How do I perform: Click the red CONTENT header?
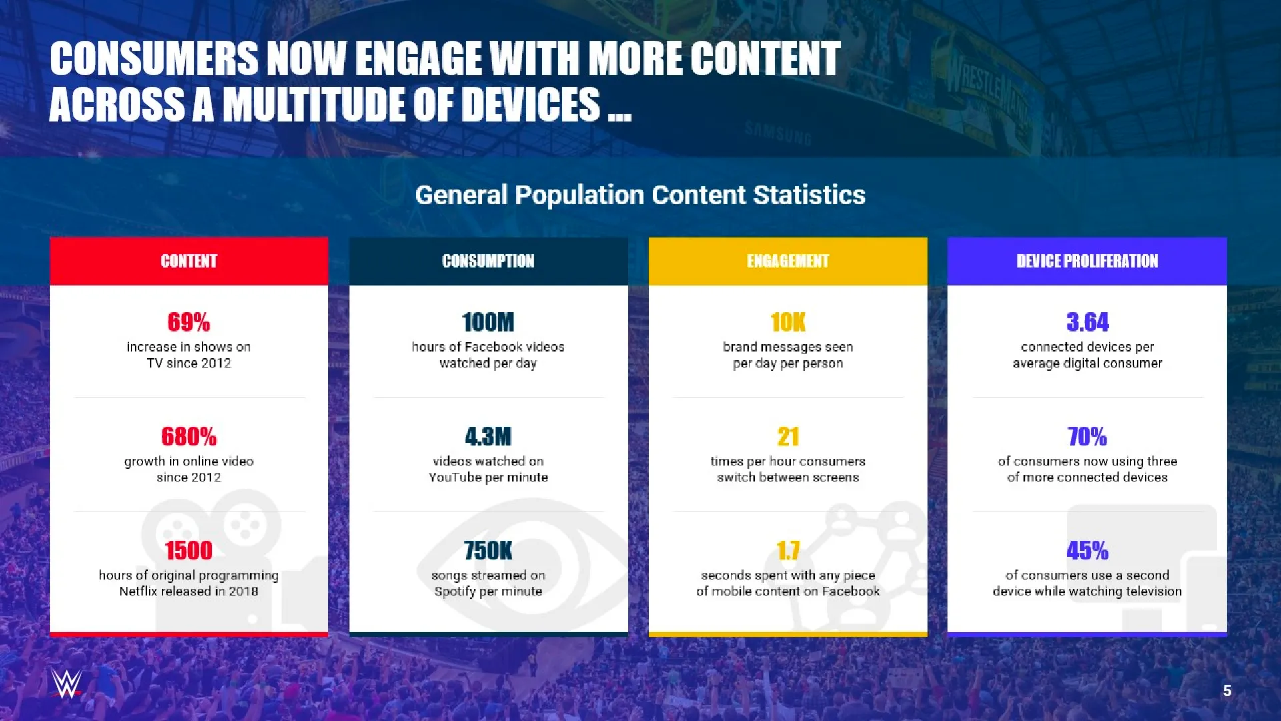(189, 261)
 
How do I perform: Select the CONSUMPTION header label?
(488, 261)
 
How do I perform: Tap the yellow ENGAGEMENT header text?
(788, 261)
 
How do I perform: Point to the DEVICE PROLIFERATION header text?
(1088, 261)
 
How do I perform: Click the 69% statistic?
(189, 322)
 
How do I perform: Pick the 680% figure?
(189, 437)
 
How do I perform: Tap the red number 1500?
(189, 551)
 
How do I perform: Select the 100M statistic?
(488, 322)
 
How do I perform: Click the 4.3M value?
(488, 437)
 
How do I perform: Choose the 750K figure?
(488, 551)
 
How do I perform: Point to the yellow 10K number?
(788, 322)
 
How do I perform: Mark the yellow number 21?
(788, 437)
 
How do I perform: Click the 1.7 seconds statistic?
(788, 551)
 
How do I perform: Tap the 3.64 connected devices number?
(1088, 322)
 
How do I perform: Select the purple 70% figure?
(1088, 437)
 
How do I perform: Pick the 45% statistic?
(1088, 551)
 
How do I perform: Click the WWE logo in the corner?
(67, 684)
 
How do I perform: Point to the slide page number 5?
(1227, 691)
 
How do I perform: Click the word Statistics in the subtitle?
(809, 195)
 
